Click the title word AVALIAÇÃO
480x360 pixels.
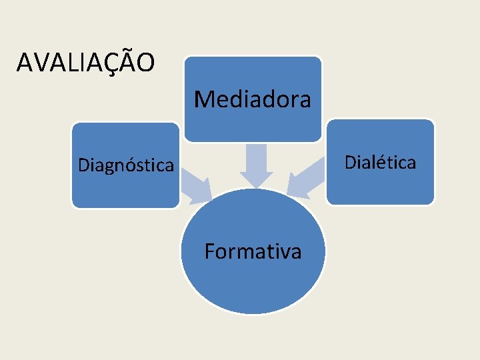pos(86,63)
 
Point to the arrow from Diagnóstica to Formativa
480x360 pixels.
pos(194,187)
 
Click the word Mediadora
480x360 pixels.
pos(253,99)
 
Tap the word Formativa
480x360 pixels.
pos(253,251)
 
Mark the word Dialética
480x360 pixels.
pos(380,161)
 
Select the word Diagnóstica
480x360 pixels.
pos(125,164)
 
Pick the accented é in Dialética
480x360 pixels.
pos(382,161)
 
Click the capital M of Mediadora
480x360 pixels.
pos(202,99)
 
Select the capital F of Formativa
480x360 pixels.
pos(209,251)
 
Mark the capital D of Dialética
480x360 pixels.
pos(349,161)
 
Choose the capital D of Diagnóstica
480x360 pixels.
pos(83,164)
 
